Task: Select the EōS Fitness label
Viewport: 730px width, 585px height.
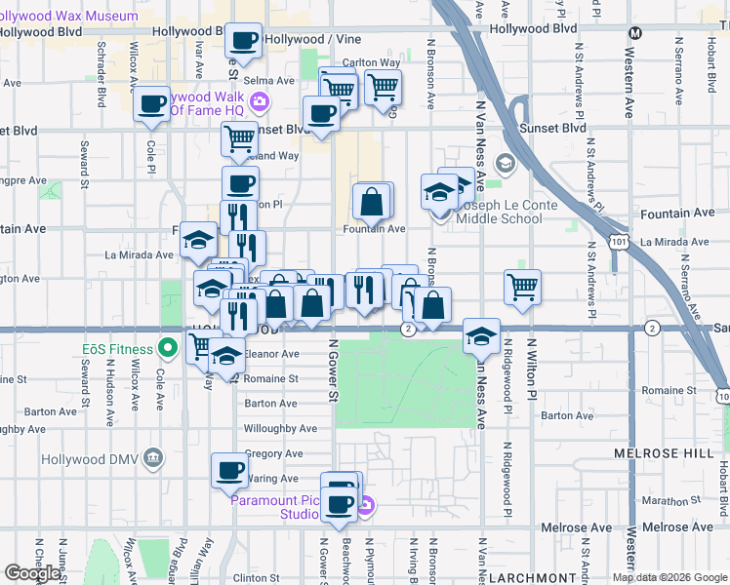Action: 117,349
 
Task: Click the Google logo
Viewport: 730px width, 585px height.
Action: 32,573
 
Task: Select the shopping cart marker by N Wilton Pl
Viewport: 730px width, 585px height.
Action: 523,286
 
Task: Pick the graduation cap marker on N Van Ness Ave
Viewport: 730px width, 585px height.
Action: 480,334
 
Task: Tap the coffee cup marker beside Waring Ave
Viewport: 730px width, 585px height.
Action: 230,470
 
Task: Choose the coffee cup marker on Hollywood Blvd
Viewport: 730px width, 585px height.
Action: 244,41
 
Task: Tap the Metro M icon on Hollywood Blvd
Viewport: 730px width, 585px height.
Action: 635,32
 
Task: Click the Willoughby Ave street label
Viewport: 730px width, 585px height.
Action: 280,429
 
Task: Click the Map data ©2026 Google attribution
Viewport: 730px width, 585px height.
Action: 669,577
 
